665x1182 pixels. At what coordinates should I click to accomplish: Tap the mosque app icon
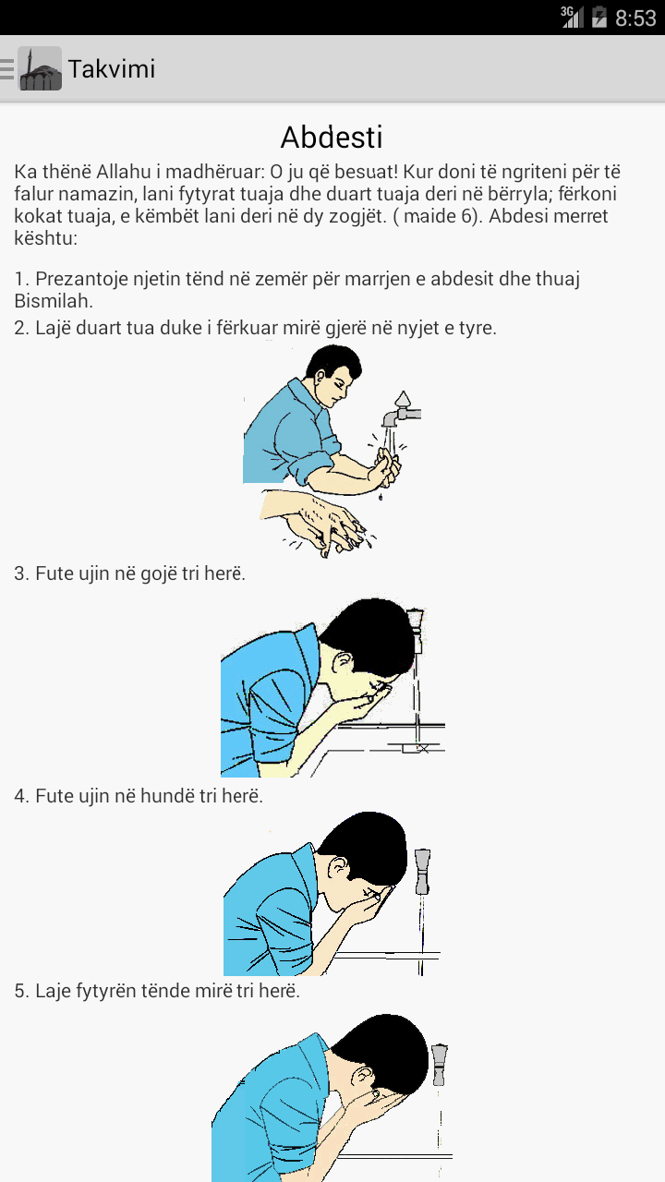40,68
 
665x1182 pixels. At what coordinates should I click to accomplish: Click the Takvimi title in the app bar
112,69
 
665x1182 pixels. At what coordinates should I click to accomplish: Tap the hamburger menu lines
6,69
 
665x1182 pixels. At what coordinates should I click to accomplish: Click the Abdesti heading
332,138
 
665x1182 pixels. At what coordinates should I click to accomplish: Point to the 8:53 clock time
635,18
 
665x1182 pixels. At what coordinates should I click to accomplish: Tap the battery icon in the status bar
599,17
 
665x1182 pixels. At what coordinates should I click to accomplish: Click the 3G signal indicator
572,17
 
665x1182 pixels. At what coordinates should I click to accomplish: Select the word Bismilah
54,301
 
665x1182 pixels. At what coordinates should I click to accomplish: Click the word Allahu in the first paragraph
124,172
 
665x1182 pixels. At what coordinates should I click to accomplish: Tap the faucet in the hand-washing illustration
401,409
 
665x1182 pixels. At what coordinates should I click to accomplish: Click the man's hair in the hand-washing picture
334,360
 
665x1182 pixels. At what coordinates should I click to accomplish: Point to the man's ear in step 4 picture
338,868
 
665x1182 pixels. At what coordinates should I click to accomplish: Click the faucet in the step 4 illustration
422,872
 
